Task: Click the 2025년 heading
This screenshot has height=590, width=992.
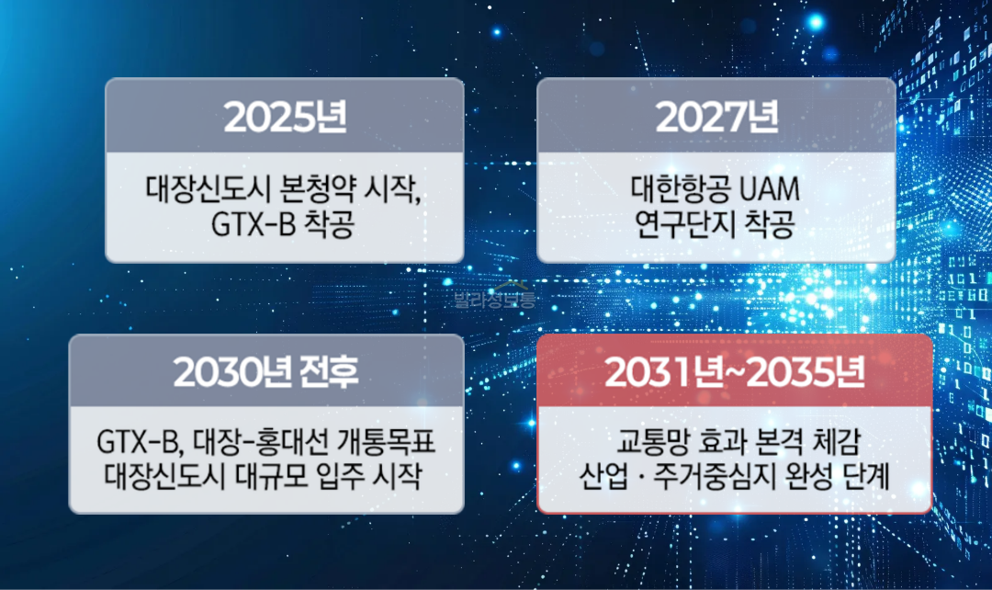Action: tap(285, 116)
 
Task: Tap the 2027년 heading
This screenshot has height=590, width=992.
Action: tap(716, 116)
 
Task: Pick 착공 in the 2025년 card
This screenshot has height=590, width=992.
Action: tap(327, 225)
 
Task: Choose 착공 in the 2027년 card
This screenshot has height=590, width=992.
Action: tap(770, 225)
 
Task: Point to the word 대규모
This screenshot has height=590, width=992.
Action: tap(261, 478)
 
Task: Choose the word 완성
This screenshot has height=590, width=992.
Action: tap(803, 478)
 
